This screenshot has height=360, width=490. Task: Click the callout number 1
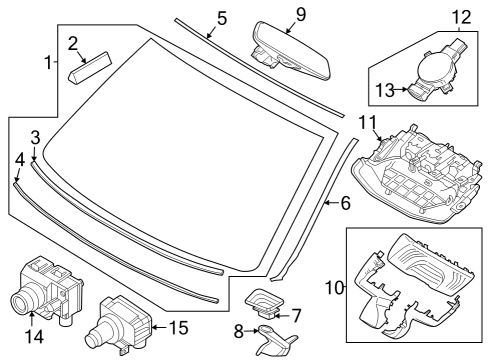tap(49, 62)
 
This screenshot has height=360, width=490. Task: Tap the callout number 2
tap(73, 44)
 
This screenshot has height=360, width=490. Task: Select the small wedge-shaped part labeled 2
tap(90, 68)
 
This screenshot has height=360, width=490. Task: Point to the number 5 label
tap(222, 18)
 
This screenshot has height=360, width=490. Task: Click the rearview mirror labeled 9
tap(291, 52)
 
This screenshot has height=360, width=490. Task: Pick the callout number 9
tap(301, 14)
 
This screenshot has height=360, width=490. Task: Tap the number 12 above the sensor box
tap(462, 17)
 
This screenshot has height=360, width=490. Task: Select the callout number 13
tap(385, 90)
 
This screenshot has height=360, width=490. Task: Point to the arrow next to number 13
tap(401, 89)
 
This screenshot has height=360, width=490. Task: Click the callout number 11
tap(367, 122)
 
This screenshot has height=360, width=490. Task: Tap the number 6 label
tap(346, 203)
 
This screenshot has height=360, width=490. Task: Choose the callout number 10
tap(334, 288)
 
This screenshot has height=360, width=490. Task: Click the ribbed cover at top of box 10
tap(432, 262)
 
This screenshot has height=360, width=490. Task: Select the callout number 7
tap(296, 316)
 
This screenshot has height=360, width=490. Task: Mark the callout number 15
tap(179, 328)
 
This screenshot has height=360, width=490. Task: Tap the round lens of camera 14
tap(21, 299)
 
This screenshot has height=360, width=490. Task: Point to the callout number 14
tap(34, 337)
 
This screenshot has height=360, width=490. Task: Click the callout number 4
tap(20, 160)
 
